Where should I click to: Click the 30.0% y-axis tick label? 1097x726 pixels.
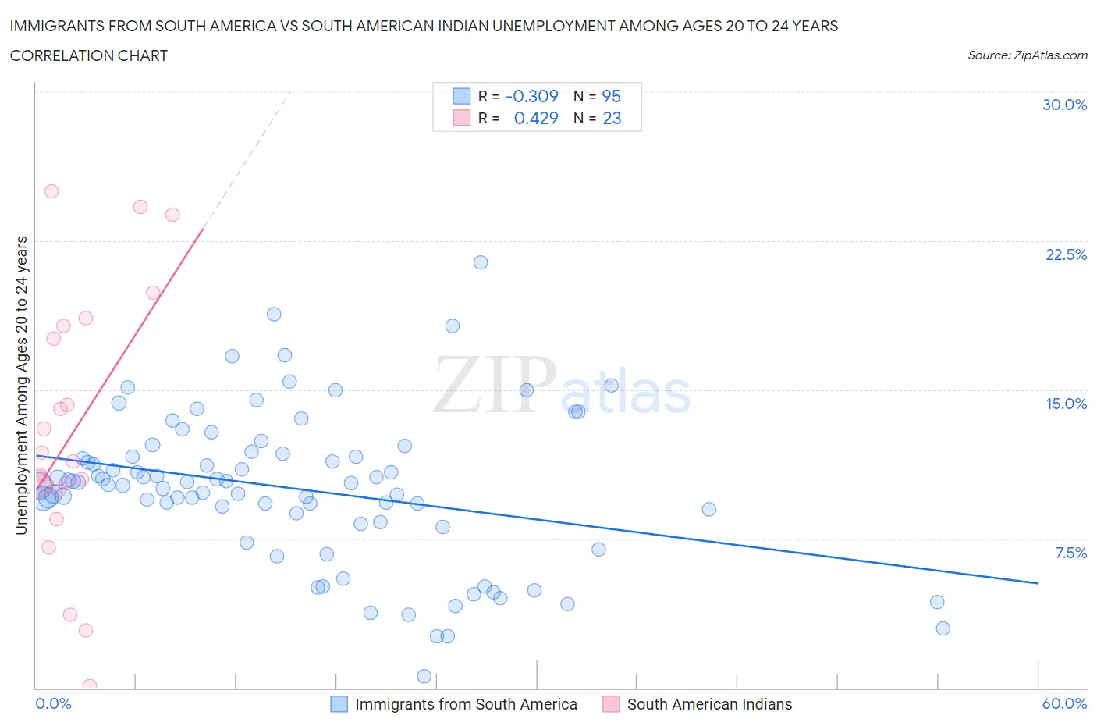point(1064,105)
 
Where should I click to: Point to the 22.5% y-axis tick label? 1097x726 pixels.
point(1066,254)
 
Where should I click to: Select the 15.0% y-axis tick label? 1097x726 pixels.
point(1066,404)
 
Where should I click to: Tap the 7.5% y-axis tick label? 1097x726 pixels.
point(1070,553)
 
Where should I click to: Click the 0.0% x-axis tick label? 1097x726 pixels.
point(53,703)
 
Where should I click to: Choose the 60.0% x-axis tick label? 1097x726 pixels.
point(1064,703)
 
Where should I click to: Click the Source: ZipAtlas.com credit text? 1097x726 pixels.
point(1027,55)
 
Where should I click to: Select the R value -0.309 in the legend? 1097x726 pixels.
point(531,96)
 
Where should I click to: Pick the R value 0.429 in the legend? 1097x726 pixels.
point(536,118)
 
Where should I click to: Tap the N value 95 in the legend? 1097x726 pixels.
point(611,96)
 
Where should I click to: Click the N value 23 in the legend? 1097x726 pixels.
point(612,118)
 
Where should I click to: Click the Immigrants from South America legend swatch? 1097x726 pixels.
point(339,704)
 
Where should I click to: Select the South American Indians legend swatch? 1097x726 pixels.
point(611,704)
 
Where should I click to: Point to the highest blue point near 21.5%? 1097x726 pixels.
point(481,262)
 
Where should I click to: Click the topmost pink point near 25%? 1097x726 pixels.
point(51,191)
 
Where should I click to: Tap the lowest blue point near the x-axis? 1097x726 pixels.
point(424,676)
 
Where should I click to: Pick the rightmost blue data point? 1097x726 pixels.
point(943,628)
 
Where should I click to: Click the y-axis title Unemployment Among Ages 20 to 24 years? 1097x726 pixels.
point(21,386)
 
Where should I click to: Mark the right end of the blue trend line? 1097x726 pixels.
point(1038,583)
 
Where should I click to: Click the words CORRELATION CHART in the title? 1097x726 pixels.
point(89,55)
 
